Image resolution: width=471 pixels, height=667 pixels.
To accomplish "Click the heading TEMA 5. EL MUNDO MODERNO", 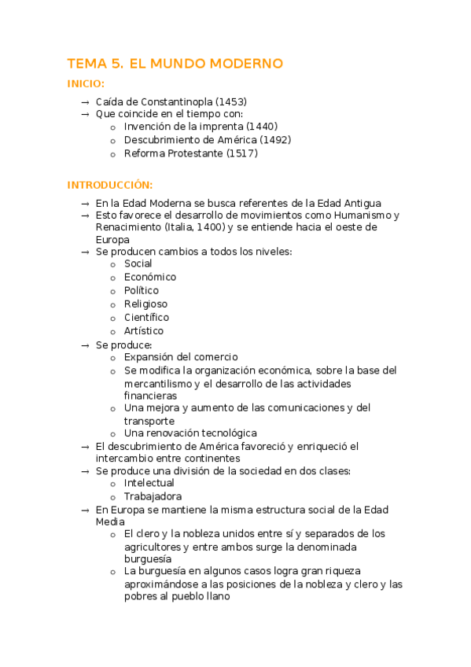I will pyautogui.click(x=175, y=64).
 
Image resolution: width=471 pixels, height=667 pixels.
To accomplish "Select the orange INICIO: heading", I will pyautogui.click(x=86, y=84).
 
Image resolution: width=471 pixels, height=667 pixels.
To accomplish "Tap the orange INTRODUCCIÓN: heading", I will pyautogui.click(x=110, y=185).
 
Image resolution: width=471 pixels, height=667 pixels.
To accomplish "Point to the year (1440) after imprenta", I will pyautogui.click(x=262, y=126).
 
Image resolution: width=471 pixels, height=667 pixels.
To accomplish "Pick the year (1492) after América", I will pyautogui.click(x=275, y=140).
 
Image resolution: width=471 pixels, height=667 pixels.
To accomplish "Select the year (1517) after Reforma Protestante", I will pyautogui.click(x=242, y=153).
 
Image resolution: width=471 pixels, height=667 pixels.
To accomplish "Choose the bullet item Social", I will pyautogui.click(x=138, y=263).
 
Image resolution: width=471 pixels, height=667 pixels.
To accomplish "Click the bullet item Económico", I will pyautogui.click(x=149, y=277).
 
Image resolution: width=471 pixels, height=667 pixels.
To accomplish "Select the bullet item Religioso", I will pyautogui.click(x=145, y=304).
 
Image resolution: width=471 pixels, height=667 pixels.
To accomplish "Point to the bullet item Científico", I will pyautogui.click(x=146, y=317).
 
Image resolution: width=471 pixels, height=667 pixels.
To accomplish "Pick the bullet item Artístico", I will pyautogui.click(x=144, y=331).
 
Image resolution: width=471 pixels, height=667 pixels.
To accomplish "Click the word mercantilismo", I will pyautogui.click(x=160, y=384).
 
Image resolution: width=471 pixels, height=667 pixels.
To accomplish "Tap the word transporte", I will pyautogui.click(x=149, y=421).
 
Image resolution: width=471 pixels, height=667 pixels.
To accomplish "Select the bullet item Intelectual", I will pyautogui.click(x=149, y=483).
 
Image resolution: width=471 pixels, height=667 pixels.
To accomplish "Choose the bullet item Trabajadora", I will pyautogui.click(x=153, y=496).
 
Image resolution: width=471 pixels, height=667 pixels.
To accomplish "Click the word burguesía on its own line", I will pyautogui.click(x=148, y=558).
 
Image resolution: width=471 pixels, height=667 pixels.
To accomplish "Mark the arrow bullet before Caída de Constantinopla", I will pyautogui.click(x=84, y=101).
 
